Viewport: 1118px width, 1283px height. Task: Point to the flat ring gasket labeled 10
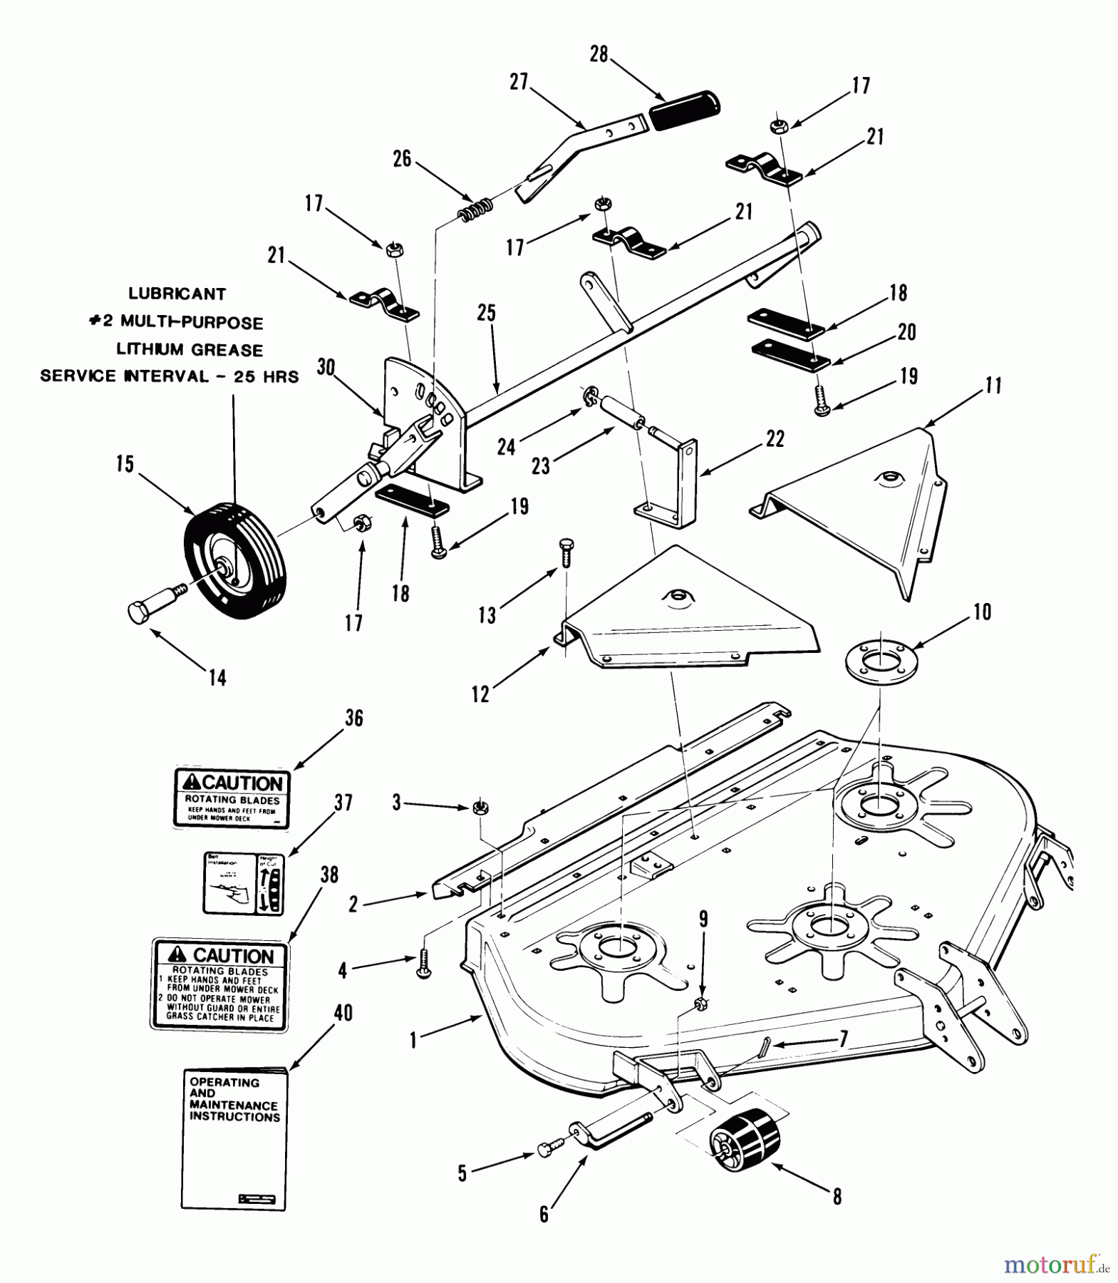881,660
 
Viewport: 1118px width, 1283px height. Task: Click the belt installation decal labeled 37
244,884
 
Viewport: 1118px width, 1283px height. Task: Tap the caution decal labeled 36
232,798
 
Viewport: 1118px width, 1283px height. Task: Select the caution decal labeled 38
219,984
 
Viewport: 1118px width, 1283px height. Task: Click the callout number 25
487,313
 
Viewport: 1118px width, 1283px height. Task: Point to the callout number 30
326,367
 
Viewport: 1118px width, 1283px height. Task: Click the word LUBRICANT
177,294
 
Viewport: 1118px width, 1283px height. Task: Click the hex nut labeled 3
480,808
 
